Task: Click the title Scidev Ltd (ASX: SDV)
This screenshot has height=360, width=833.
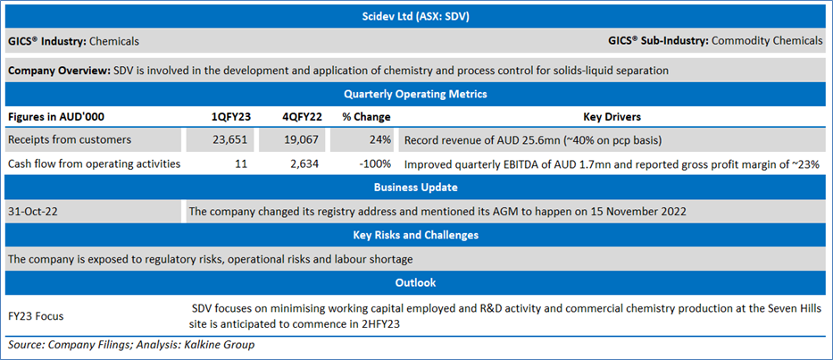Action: (x=415, y=17)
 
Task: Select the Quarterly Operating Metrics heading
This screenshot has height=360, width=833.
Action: (x=415, y=94)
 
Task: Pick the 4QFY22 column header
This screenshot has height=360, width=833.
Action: (x=300, y=117)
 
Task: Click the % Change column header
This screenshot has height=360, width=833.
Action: (x=366, y=117)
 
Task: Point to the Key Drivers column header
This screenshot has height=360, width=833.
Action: (x=612, y=117)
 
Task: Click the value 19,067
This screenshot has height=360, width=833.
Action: (x=302, y=141)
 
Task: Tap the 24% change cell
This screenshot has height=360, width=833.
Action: (x=382, y=141)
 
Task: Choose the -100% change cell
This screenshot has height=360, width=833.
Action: (x=376, y=164)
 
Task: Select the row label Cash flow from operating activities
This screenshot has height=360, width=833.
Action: (x=94, y=164)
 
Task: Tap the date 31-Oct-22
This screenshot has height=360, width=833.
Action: (x=33, y=211)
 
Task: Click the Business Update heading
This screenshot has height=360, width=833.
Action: (x=415, y=188)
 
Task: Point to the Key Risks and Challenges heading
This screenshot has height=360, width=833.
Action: (x=415, y=235)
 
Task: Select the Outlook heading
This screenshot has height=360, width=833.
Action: (x=415, y=281)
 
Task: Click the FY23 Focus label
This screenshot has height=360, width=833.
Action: (x=36, y=316)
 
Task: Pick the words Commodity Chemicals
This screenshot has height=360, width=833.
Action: (x=767, y=41)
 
